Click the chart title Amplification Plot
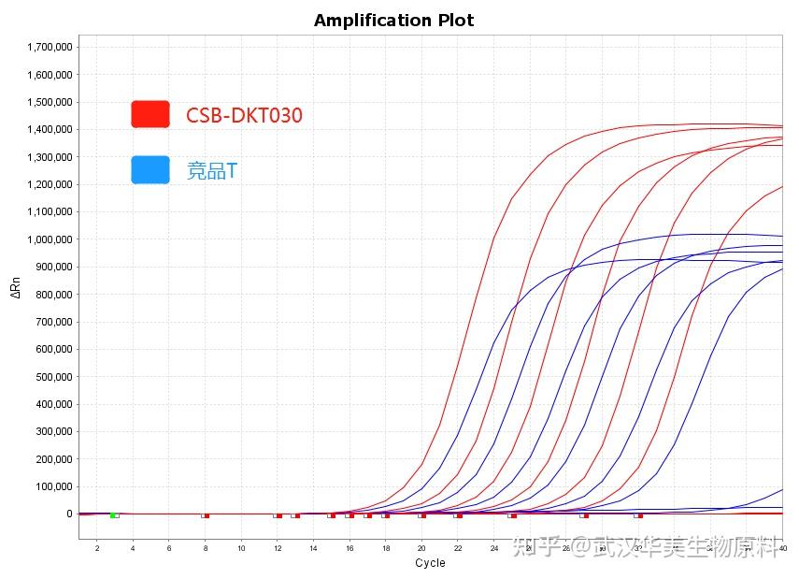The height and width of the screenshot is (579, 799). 393,20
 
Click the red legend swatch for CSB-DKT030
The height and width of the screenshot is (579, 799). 150,114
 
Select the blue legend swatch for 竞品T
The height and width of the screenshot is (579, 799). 150,169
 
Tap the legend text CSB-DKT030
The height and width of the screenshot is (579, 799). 244,115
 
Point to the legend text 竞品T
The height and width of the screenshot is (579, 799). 212,170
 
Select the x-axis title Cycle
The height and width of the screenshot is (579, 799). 430,563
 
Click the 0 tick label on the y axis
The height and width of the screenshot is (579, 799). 69,514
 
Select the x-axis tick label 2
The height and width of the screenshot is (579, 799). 96,547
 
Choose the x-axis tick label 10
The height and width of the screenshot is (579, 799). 241,547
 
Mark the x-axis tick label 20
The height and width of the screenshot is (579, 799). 421,547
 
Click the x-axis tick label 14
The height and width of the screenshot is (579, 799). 313,547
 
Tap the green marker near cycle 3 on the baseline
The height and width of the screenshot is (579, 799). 112,514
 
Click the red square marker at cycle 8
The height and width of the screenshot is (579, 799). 207,514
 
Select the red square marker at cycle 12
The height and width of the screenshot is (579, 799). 278,514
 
